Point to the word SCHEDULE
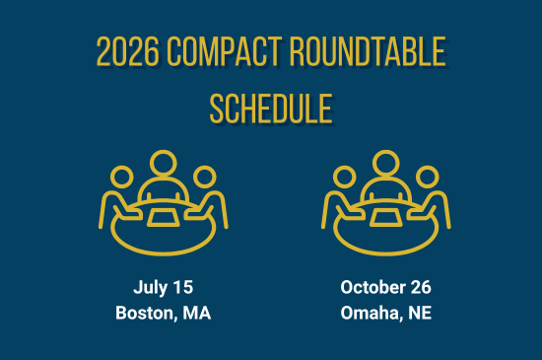coord(270,108)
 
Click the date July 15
coord(164,288)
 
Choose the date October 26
coord(385,288)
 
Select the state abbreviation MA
coord(198,314)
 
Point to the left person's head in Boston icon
coord(121,178)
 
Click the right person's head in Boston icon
coord(204,178)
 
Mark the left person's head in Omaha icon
coord(344,178)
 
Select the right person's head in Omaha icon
coord(427,178)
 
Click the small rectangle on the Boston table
coord(163,215)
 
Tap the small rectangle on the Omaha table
coord(385,215)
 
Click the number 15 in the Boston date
coord(182,288)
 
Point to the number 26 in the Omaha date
coord(420,288)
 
